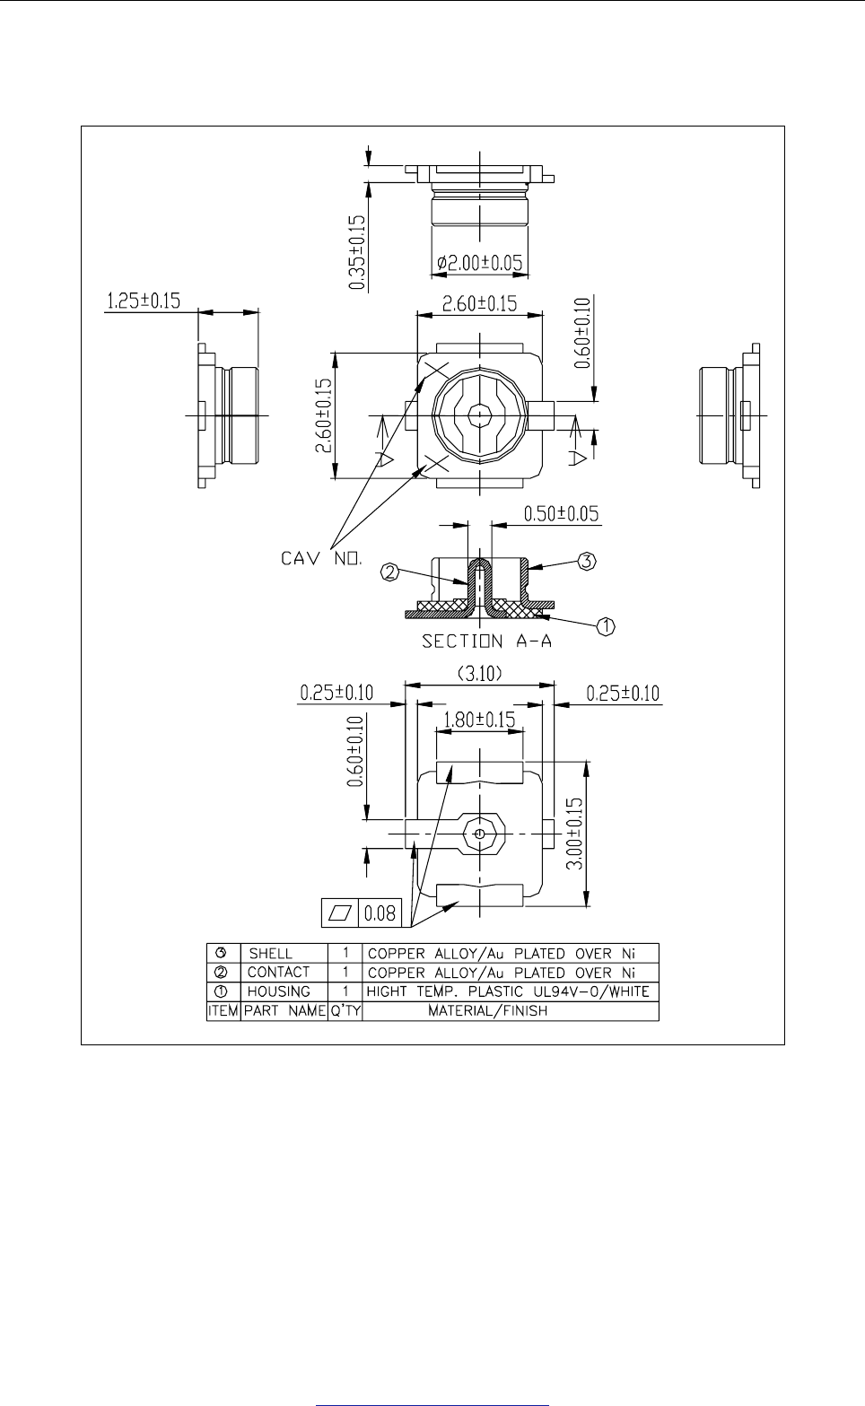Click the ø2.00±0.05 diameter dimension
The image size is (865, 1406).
pos(479,264)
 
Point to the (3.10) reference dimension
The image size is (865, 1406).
pos(478,673)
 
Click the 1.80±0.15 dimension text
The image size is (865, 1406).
pos(478,720)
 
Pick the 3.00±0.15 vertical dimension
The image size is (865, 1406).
pos(576,834)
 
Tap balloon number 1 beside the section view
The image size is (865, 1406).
pos(606,627)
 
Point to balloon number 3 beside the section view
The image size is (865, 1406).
pos(586,562)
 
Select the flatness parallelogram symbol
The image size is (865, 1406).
pos(339,914)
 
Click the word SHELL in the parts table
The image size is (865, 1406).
pos(270,954)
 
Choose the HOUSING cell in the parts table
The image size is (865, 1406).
pos(278,991)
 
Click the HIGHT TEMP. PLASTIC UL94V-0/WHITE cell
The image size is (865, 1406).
pos(508,991)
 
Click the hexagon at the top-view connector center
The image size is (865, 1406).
pos(480,415)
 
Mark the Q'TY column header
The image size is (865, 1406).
pos(345,1010)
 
